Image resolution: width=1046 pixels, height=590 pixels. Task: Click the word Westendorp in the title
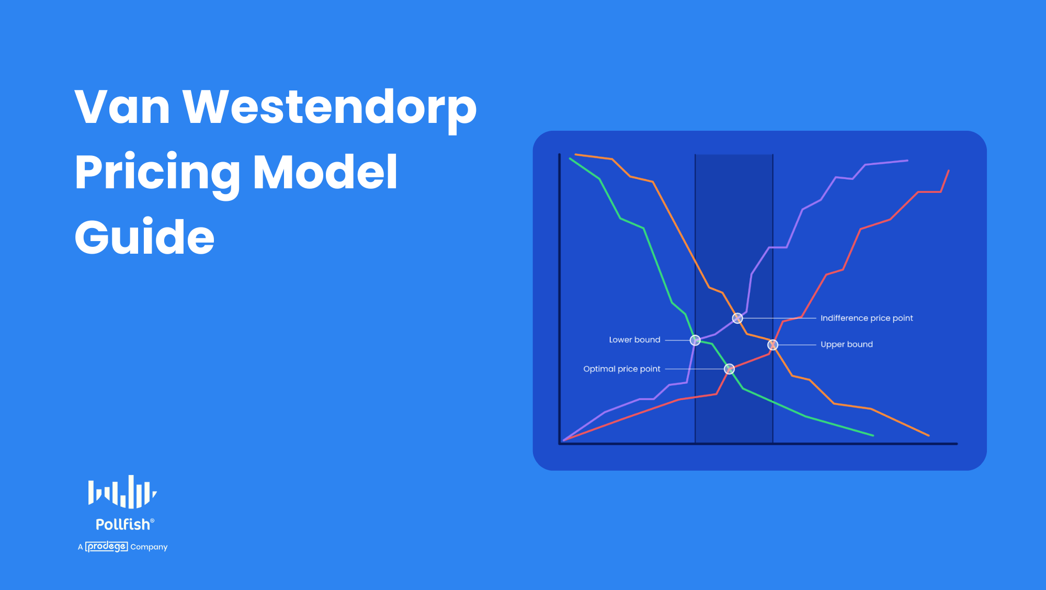pos(329,107)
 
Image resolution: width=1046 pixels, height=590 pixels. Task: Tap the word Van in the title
pos(122,107)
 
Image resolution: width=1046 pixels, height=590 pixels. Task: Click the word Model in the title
pos(325,172)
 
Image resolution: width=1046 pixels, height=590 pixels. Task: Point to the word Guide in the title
pos(144,237)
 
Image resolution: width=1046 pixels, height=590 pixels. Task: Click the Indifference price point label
pos(866,318)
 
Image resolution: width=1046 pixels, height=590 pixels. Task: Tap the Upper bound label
pos(846,344)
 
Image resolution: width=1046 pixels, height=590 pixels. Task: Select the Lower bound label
pos(634,340)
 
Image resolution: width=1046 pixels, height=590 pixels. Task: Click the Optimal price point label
pos(621,369)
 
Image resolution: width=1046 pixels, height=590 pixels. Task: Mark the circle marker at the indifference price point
pos(737,318)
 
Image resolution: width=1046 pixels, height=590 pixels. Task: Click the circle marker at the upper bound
pos(772,345)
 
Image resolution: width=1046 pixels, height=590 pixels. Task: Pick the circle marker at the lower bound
pos(695,341)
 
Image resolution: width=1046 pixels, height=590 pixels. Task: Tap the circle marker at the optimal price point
pos(729,369)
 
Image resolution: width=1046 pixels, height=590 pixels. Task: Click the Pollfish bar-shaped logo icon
pos(122,492)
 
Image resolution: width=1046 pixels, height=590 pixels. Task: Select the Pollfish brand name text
pos(123,524)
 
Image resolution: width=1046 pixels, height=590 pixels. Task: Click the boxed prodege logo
pos(107,547)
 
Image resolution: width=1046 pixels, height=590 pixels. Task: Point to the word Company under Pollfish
pos(149,547)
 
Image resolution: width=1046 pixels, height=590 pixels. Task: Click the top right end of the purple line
pos(907,161)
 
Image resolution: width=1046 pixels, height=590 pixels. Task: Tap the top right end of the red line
pos(948,171)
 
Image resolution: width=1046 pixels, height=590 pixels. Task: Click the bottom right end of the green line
pos(873,435)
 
